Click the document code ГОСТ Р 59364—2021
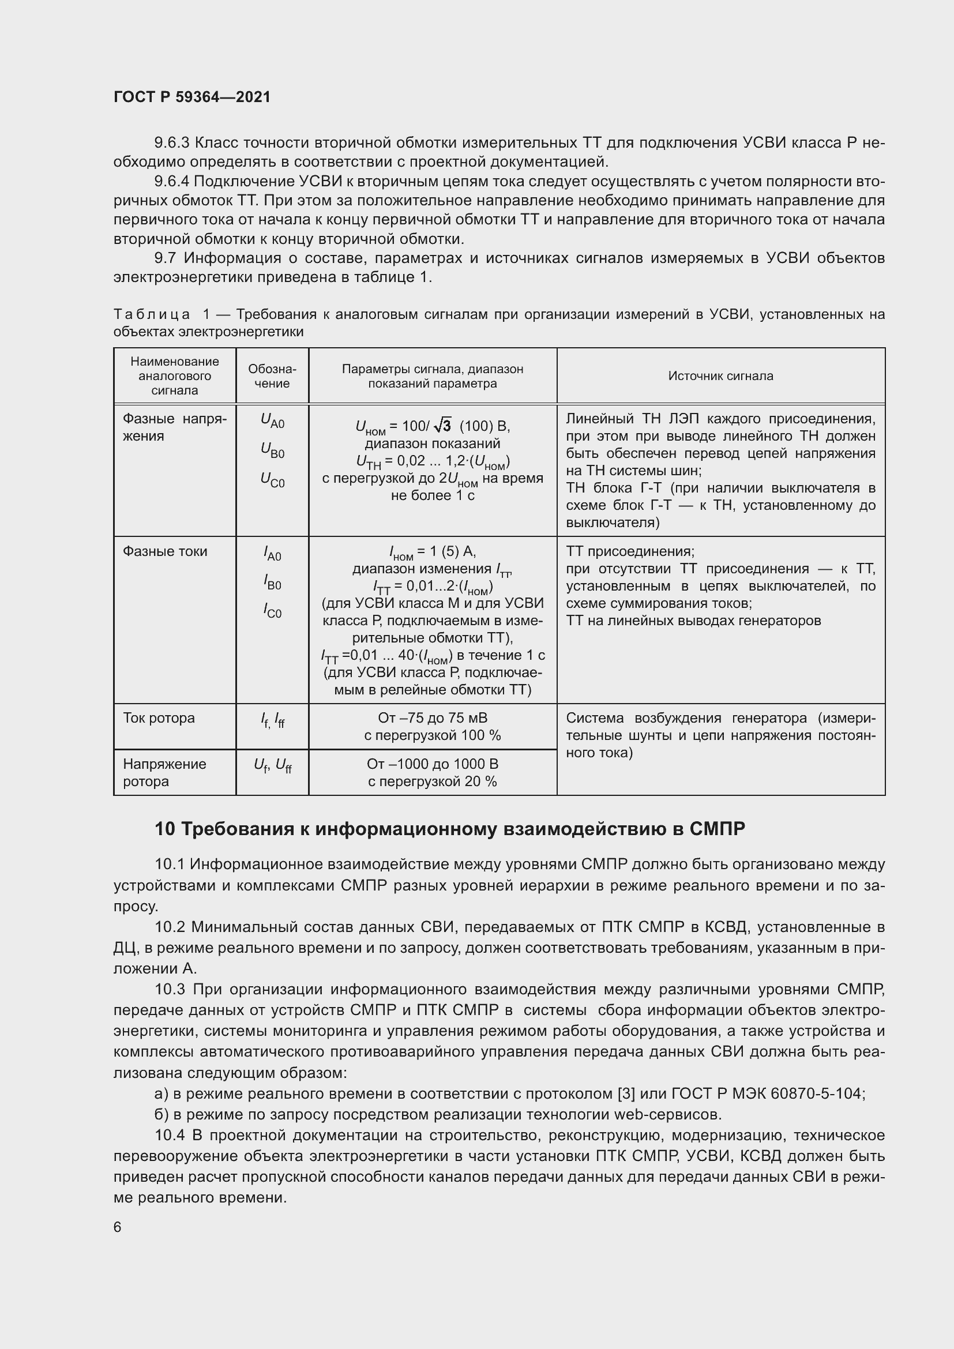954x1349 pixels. pos(192,97)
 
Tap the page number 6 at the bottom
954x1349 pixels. pos(118,1227)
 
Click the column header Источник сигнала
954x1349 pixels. pos(720,376)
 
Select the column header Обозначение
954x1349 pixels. pos(272,376)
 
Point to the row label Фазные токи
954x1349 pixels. pos(164,551)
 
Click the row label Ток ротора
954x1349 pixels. pos(159,718)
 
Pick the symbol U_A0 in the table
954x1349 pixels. pos(272,420)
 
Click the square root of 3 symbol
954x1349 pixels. pos(444,425)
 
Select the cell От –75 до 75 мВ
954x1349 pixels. pos(433,718)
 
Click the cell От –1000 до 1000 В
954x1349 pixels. pos(433,764)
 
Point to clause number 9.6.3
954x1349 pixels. pos(171,143)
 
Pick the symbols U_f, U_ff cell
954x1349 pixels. pos(272,765)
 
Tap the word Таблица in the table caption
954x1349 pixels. pos(152,314)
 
